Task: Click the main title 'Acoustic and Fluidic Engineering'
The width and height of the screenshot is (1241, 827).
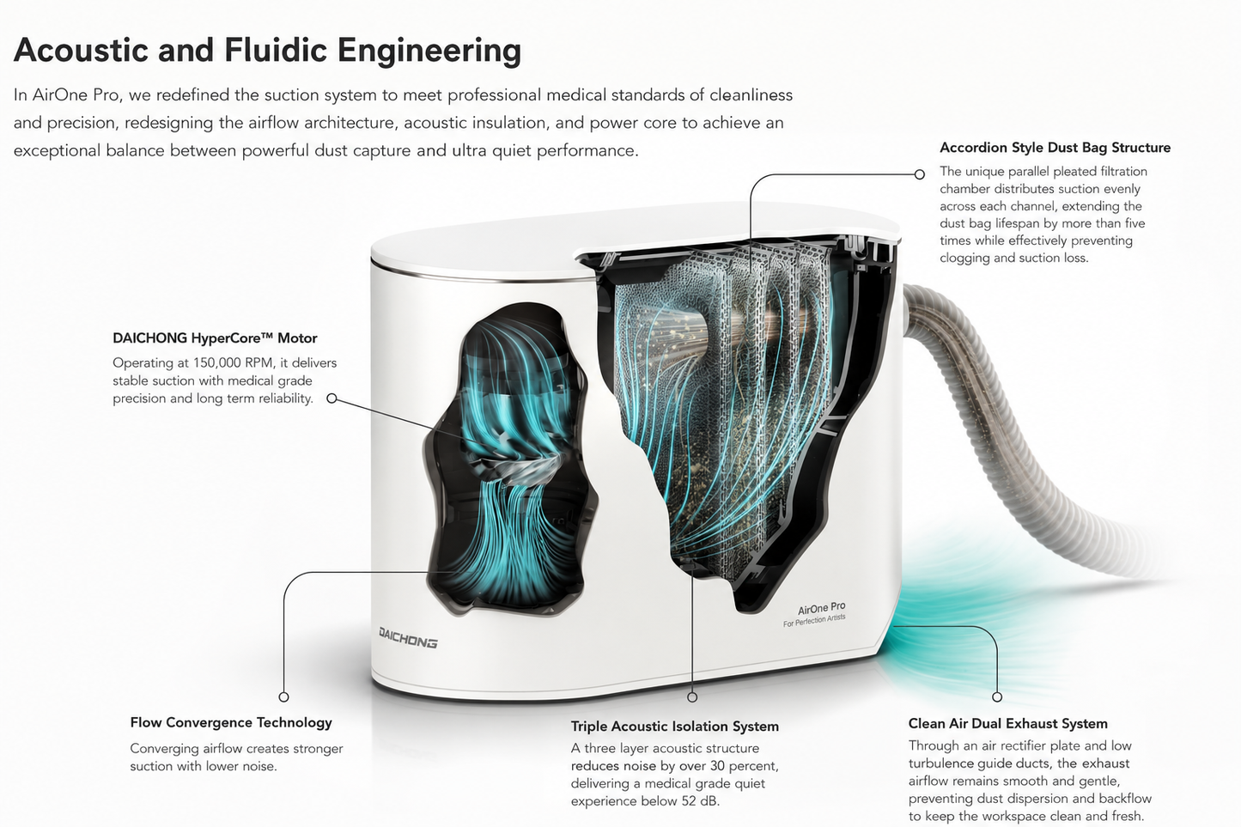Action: [267, 51]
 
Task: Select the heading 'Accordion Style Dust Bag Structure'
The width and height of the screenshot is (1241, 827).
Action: [1055, 148]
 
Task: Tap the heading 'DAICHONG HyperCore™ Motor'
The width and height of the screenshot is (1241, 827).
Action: [215, 337]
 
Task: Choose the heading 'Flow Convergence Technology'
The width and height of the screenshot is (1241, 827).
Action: [231, 722]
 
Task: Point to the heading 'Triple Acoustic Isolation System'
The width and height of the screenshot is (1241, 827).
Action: [675, 727]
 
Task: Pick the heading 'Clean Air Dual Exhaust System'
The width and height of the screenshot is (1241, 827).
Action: [1007, 723]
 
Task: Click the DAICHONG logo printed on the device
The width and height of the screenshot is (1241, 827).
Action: [408, 637]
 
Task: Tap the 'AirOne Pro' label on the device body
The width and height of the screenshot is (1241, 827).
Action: [822, 608]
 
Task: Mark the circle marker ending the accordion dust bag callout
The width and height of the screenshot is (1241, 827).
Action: [920, 174]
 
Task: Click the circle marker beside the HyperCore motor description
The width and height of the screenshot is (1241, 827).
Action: [332, 398]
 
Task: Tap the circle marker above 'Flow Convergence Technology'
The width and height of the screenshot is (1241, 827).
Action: [283, 696]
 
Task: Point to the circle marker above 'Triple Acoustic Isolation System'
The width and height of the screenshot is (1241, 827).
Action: [692, 697]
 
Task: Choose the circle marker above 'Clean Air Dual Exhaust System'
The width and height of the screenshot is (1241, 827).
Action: [997, 696]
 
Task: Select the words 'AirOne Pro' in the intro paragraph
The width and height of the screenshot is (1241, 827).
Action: [76, 95]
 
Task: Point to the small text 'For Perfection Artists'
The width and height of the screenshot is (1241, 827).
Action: [814, 620]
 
